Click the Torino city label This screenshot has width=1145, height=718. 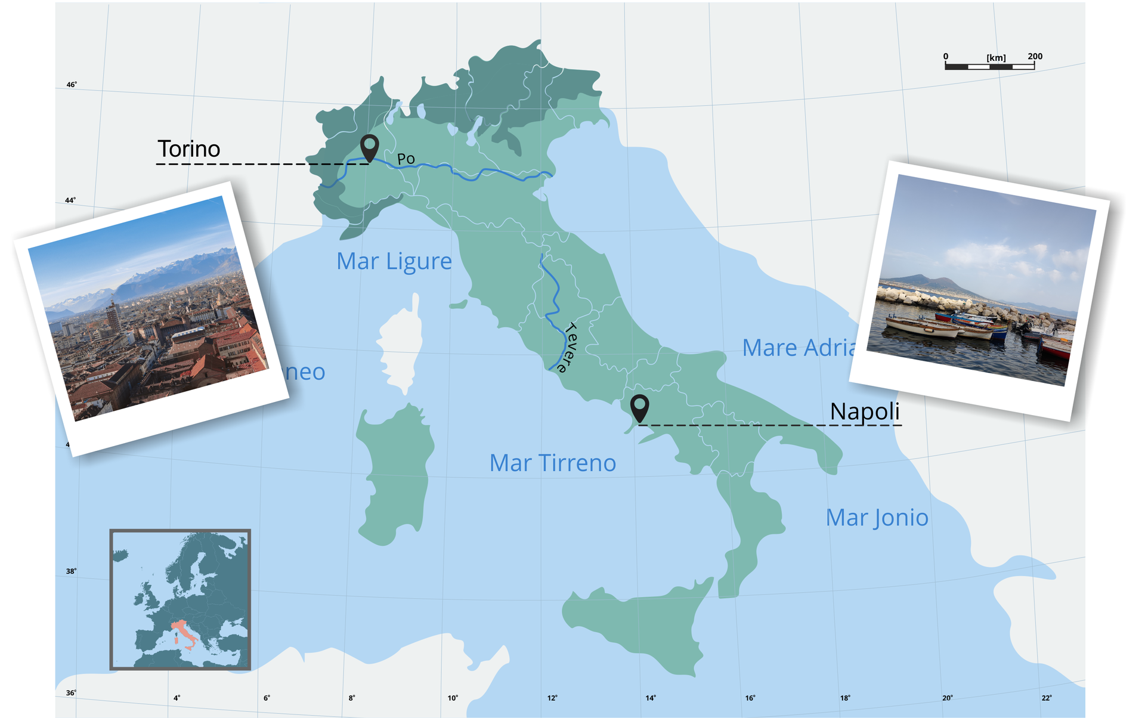tap(188, 149)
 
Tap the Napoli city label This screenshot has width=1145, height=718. tap(864, 411)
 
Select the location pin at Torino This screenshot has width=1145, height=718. tap(370, 147)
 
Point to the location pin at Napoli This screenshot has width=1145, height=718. tap(639, 408)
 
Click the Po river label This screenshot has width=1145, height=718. tap(406, 159)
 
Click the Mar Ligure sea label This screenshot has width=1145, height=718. tap(394, 261)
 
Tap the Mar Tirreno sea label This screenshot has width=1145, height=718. tap(552, 463)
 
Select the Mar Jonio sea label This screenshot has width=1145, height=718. tap(877, 518)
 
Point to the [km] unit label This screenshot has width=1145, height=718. tap(996, 58)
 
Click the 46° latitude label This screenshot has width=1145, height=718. tap(72, 85)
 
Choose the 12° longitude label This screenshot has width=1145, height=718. tap(552, 698)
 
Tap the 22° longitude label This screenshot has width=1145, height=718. tap(1047, 698)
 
